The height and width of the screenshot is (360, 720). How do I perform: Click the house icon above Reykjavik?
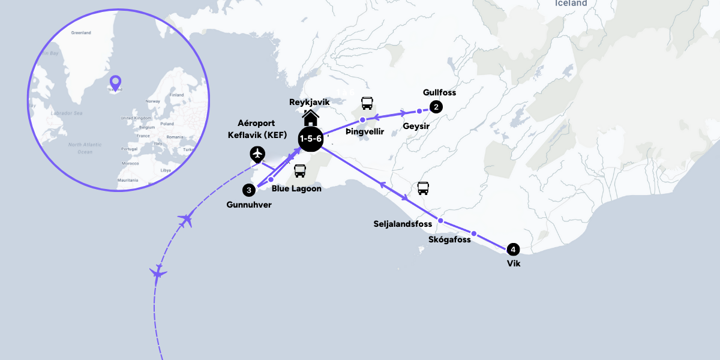311,117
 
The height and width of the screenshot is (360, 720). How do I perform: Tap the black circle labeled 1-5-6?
311,139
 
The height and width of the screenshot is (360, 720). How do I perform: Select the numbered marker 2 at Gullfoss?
436,107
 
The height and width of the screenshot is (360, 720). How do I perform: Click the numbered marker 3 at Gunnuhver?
249,190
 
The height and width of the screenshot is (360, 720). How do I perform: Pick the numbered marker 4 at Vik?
512,248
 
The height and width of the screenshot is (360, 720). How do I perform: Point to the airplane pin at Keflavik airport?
257,154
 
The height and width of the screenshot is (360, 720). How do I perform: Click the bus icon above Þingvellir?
366,103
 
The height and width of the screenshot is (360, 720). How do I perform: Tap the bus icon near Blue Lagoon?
300,170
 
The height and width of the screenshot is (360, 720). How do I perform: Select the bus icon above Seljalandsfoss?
423,188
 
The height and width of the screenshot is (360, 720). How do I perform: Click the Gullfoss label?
439,92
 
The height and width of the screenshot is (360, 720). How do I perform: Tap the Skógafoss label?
449,239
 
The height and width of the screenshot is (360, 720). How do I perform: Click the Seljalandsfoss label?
403,224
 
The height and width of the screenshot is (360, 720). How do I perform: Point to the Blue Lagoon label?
296,188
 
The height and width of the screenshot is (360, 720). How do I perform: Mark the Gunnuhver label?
249,205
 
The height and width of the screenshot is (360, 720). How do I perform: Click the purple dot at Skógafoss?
473,233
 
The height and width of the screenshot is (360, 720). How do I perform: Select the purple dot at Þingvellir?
362,120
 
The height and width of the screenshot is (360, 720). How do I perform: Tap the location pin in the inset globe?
115,82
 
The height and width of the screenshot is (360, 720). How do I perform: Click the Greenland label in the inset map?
80,33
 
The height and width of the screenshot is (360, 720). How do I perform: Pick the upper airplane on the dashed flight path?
186,220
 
